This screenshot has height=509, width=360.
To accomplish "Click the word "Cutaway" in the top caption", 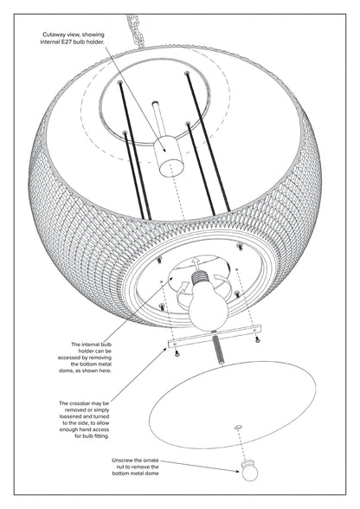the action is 52,35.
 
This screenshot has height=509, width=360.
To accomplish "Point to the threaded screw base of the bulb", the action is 199,277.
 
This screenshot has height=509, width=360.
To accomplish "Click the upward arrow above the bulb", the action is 196,261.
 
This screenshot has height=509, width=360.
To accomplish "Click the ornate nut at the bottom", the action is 249,470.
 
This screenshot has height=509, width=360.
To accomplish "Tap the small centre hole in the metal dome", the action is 239,427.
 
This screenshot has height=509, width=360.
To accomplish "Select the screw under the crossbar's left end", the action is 177,354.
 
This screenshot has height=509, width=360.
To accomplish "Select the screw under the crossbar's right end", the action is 257,339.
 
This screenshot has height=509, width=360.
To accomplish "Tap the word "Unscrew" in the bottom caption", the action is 122,461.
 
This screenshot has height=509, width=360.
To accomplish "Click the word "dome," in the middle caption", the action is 66,370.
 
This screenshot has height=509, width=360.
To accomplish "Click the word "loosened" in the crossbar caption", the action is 70,416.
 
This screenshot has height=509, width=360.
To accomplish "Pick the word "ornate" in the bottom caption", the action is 151,461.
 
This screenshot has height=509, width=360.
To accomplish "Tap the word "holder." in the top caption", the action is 95,42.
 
